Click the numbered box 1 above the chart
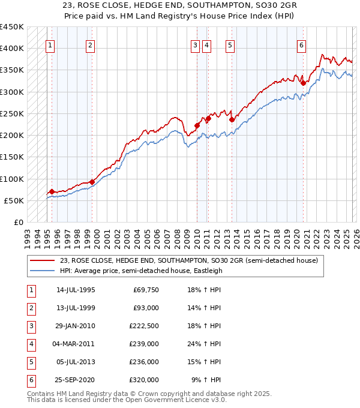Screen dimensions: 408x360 50,45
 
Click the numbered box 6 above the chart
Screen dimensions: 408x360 301,45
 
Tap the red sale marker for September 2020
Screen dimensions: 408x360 304,83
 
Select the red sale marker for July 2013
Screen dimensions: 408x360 232,119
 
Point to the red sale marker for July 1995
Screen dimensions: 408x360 52,191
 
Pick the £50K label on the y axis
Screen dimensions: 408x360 14,200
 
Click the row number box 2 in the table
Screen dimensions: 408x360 31,307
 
